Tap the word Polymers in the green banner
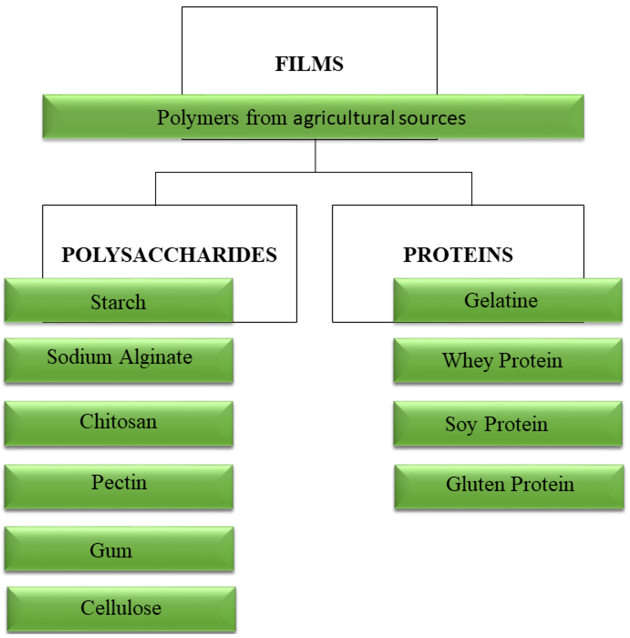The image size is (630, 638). [197, 118]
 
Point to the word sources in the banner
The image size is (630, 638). [432, 118]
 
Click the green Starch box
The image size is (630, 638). [118, 300]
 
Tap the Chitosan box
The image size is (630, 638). [118, 423]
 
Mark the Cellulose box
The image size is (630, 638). [121, 608]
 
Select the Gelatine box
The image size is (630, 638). [507, 300]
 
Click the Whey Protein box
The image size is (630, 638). [507, 360]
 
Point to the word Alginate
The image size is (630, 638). [156, 358]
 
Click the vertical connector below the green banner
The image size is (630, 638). [315, 155]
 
